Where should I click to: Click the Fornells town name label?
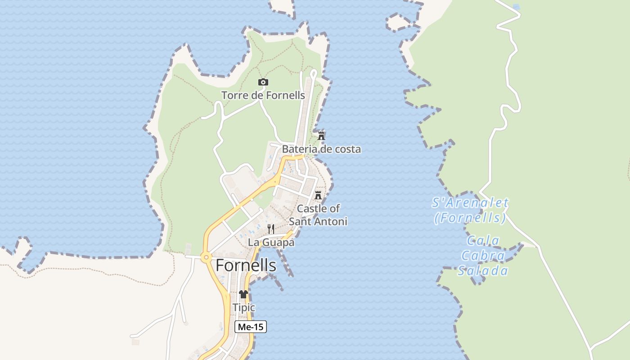(246, 265)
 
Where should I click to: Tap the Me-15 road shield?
(251, 327)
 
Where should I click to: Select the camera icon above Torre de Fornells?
(263, 82)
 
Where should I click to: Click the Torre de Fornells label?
(263, 95)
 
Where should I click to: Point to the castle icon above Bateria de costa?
(321, 135)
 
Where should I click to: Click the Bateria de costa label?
(321, 149)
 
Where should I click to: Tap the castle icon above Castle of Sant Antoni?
(318, 195)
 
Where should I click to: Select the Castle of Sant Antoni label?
(318, 215)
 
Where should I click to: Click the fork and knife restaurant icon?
(271, 229)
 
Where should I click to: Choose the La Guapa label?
(271, 243)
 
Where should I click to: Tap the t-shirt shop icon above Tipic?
(243, 294)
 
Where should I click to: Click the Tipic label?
(243, 308)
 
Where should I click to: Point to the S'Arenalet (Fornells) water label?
(470, 211)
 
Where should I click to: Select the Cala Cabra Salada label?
(483, 256)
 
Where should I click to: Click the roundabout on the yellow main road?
(207, 258)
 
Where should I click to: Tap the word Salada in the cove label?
(483, 271)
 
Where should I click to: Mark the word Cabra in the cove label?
(483, 256)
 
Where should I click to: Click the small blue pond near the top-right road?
(516, 7)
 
